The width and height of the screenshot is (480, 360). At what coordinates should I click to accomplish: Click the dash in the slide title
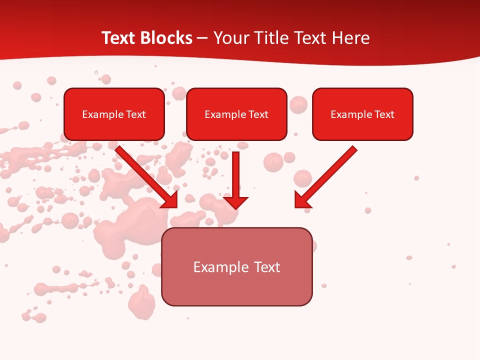tap(202, 38)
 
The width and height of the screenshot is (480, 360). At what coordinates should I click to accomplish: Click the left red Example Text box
tap(114, 114)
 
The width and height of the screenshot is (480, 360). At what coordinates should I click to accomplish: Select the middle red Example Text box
tap(236, 114)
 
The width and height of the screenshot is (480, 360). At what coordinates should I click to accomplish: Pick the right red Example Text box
tap(362, 114)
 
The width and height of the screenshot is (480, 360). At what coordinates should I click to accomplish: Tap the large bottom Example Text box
tap(236, 266)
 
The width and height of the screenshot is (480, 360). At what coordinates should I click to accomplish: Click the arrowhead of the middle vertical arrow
tap(235, 202)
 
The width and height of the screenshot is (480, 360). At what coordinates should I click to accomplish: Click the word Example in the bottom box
tap(216, 267)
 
